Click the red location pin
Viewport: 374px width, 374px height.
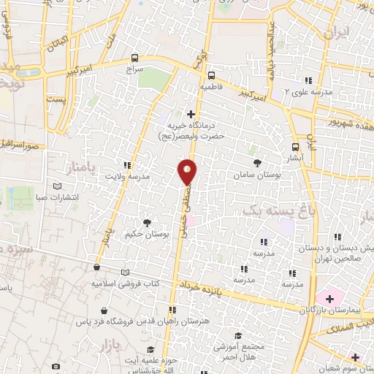click(188, 172)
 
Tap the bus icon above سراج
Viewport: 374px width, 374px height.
click(134, 58)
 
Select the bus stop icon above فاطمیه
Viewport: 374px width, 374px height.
click(211, 75)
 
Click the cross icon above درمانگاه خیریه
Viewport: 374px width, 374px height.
click(191, 114)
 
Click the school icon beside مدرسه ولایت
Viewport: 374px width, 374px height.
click(128, 165)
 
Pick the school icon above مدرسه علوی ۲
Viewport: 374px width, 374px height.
click(308, 80)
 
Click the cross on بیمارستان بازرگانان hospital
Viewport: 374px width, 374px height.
click(329, 298)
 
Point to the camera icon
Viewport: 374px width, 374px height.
click(56, 365)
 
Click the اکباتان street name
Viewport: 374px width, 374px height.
click(64, 40)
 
